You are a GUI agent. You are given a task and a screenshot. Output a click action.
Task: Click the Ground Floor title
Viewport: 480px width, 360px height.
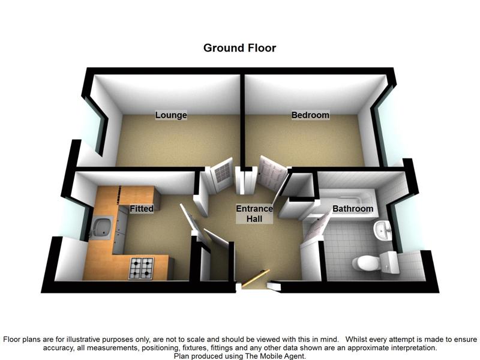pos(239,48)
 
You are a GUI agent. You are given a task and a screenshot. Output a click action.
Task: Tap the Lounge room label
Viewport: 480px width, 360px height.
pos(171,115)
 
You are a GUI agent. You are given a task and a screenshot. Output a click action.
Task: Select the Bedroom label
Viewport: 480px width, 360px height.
pos(310,115)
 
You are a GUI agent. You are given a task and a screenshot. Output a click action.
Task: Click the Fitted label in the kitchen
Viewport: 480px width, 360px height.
pos(142,209)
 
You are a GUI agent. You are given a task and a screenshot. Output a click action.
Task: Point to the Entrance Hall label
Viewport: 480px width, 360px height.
pos(254,214)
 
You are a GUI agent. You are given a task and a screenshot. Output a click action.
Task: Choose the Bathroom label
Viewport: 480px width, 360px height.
pos(353,209)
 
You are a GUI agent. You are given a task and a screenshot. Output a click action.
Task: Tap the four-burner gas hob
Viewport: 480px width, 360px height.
pos(141,268)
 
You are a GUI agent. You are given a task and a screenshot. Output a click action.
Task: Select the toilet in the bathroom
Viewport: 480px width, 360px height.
pos(376,262)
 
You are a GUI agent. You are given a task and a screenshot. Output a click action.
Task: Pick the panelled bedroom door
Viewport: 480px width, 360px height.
pos(272,173)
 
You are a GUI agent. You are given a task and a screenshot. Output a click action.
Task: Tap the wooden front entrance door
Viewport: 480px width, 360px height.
pos(256,278)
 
